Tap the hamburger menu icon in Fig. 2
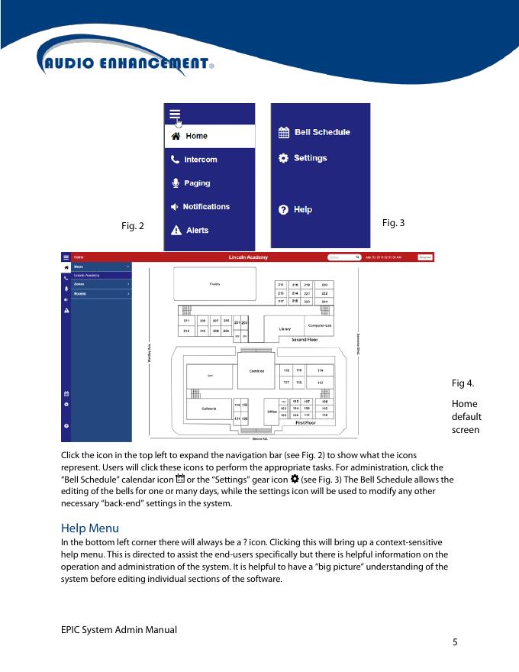(175, 114)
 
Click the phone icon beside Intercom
(176, 160)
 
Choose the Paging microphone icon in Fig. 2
(176, 183)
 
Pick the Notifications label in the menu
(206, 207)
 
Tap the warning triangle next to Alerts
(176, 230)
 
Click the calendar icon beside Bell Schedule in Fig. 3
(283, 132)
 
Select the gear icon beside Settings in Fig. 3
(283, 158)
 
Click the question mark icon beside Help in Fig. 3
(283, 209)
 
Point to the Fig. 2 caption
(133, 226)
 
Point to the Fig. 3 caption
(393, 222)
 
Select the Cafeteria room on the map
(208, 409)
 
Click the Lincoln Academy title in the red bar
(248, 257)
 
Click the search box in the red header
(343, 257)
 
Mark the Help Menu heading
(89, 528)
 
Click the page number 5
(455, 642)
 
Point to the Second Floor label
(305, 340)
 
